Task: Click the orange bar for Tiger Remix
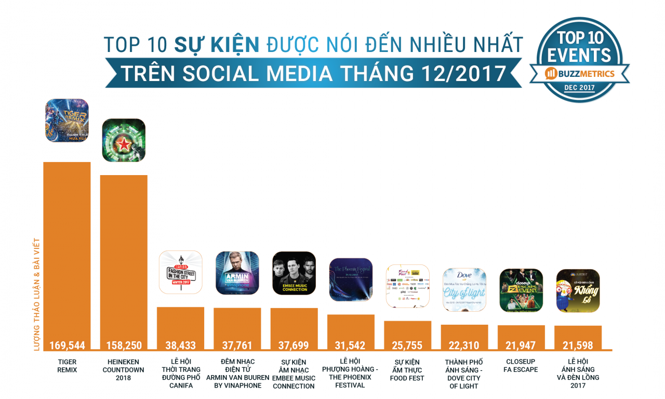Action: (66, 249)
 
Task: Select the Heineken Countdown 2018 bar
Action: (124, 255)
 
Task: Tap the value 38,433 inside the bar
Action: (180, 345)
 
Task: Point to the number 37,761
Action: (237, 345)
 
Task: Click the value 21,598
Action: (578, 345)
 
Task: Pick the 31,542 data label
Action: (351, 345)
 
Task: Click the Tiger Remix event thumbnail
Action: (67, 121)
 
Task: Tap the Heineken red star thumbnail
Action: (124, 140)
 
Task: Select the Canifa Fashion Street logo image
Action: (180, 272)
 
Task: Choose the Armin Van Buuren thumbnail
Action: (237, 273)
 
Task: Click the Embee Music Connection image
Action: (294, 273)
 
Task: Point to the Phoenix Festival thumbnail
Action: (351, 280)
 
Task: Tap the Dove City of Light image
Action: (464, 290)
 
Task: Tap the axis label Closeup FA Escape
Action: (521, 366)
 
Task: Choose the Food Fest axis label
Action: (407, 370)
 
